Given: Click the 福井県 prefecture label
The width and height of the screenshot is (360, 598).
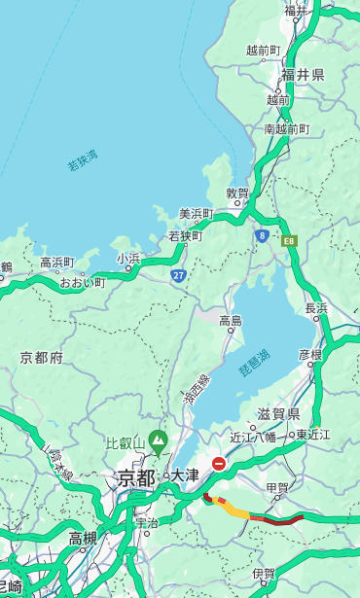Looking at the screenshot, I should point(303,75).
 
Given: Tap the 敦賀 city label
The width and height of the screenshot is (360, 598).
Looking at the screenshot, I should point(238,193).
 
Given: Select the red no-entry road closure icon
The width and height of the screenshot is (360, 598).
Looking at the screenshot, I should point(219,464).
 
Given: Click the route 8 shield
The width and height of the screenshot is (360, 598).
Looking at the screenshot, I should point(262,235).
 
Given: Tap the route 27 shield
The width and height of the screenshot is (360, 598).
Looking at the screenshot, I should point(178,275).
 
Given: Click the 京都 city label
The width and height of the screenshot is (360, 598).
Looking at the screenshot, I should point(136,477).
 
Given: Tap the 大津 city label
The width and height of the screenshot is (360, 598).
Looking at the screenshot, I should point(184,476).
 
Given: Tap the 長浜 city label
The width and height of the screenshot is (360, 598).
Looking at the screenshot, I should point(316,308).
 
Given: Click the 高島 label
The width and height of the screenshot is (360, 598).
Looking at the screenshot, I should point(231,321).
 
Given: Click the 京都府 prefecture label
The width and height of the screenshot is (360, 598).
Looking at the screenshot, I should point(42,358).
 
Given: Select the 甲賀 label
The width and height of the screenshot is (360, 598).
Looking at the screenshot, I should point(277,487).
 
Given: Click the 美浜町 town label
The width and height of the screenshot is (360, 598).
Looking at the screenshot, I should point(197,214).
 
